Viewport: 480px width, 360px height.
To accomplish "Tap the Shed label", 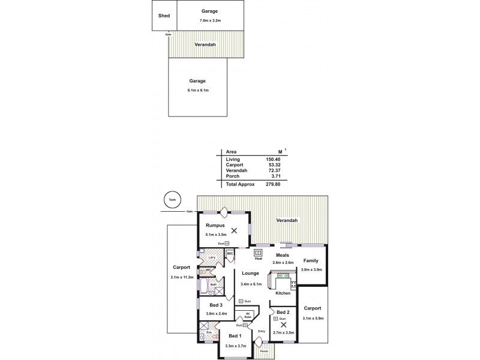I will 163,16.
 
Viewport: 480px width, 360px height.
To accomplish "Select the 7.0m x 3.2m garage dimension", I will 209,21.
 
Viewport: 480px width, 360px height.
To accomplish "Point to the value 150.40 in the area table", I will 273,159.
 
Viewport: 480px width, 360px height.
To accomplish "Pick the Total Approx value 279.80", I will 273,184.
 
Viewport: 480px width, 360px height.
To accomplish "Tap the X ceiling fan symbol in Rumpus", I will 234,230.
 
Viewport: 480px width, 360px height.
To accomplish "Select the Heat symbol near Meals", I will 259,253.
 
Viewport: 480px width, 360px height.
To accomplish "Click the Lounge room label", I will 250,274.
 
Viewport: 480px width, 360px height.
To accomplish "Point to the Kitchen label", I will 283,293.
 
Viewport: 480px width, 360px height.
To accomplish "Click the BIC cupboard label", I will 230,254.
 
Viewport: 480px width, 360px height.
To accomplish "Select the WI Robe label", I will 247,316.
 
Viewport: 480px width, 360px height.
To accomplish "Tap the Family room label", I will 311,260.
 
